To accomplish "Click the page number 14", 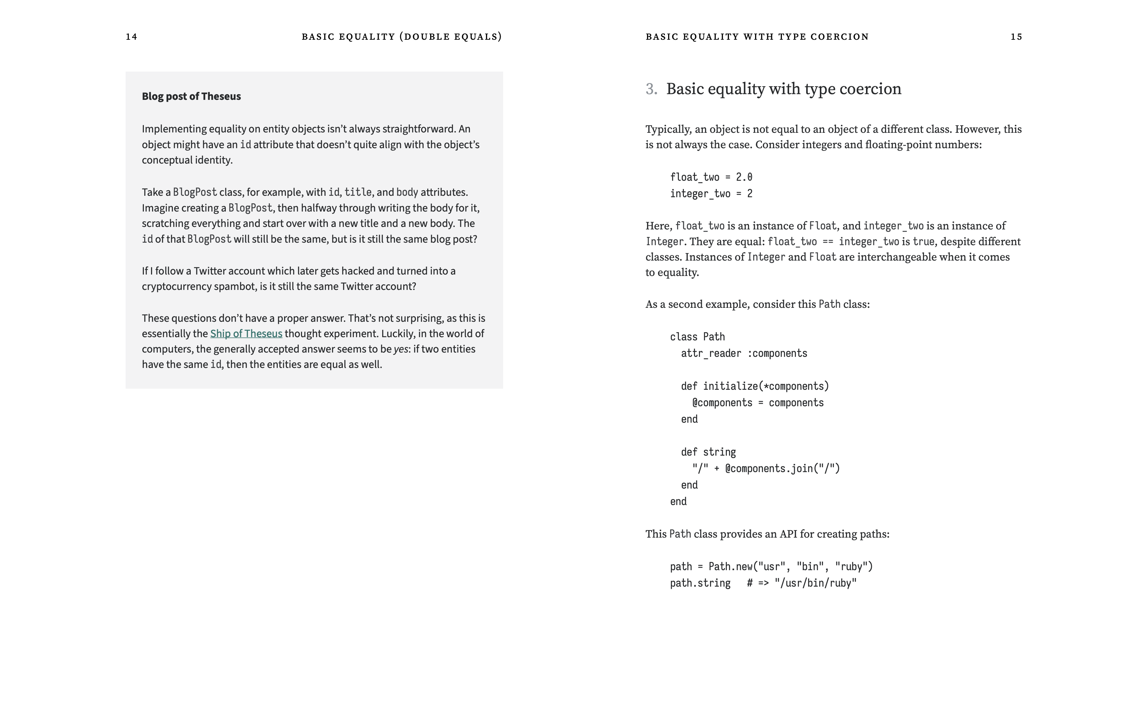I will click(x=132, y=37).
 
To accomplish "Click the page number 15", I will click(x=1016, y=37).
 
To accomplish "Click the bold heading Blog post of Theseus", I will click(x=191, y=96).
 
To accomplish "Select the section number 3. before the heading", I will click(x=651, y=89).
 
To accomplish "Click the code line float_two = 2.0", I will click(x=711, y=177).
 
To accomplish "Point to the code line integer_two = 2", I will click(x=711, y=194).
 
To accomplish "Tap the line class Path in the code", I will click(x=697, y=337).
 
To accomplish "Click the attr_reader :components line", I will click(x=744, y=353).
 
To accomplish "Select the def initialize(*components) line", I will click(x=754, y=386).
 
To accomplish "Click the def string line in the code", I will click(x=708, y=452).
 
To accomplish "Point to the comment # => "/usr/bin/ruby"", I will click(x=801, y=583).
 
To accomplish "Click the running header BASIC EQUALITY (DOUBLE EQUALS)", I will click(x=402, y=37).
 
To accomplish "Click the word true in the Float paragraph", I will click(x=923, y=242).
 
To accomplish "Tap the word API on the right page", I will click(x=788, y=534).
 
